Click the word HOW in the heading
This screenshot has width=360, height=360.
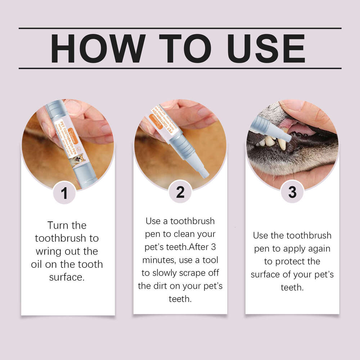click(x=98, y=49)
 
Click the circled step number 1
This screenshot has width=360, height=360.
click(x=64, y=193)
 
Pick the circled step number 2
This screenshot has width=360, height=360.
click(x=180, y=193)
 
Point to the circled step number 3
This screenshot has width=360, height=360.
click(x=292, y=193)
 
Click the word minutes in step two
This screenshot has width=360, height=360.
click(x=159, y=260)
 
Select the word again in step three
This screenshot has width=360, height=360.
click(x=317, y=248)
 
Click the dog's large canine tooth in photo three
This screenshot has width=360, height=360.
click(x=282, y=144)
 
